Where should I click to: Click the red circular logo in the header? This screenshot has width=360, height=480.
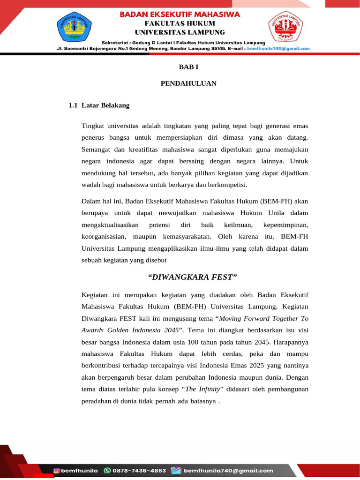coord(285,28)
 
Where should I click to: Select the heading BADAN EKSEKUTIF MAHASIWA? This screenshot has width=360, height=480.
coord(180,14)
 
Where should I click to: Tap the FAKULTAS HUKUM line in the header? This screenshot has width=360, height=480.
coord(180,23)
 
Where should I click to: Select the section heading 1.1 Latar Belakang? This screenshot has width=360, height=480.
coord(99,105)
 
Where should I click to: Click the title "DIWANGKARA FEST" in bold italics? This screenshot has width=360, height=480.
coord(192,277)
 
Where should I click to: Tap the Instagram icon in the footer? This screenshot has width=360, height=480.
coord(57,471)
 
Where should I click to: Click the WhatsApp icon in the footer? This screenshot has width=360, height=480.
coord(107,471)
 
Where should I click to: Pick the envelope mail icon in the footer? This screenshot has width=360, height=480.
coord(176,471)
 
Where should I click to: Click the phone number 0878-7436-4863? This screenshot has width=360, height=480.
coord(140,471)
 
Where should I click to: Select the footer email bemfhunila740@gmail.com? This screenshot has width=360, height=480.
coord(228,471)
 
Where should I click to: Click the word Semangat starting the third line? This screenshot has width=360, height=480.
coord(96,149)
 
